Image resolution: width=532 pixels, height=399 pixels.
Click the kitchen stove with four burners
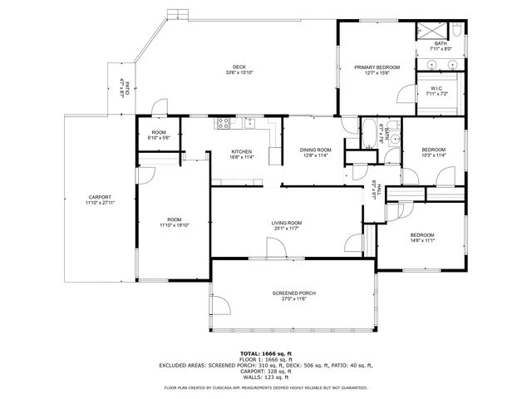223,125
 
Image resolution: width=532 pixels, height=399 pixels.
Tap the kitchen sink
249,125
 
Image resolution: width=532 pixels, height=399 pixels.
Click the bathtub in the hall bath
369,132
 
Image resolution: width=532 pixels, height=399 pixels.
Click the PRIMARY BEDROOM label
377,66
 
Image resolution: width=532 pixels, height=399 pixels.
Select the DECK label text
239,66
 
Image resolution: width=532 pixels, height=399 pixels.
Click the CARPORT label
99,197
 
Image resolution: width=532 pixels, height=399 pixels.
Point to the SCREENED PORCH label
294,293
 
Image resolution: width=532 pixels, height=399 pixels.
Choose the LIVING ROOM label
286,223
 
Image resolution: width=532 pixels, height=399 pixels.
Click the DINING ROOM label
315,150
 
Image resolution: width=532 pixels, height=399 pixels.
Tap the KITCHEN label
241,151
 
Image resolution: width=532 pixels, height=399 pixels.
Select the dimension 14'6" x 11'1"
422,240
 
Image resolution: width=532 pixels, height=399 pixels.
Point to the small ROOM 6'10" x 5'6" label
158,134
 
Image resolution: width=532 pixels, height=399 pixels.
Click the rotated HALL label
379,190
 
